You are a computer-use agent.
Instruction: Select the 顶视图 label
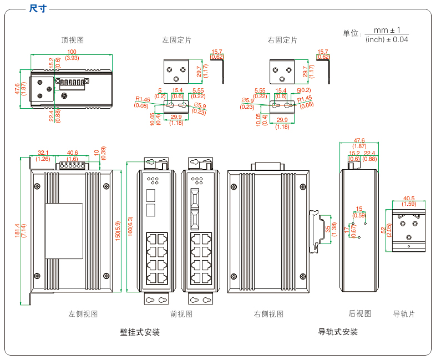click(x=73, y=40)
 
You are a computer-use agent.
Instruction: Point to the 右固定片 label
click(x=282, y=40)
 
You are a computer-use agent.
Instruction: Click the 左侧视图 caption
click(x=83, y=314)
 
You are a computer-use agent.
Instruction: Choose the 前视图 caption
click(x=181, y=314)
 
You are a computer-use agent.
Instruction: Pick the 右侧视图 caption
click(x=268, y=314)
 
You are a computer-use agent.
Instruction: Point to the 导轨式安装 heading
click(x=338, y=332)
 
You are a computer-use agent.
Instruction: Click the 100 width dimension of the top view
click(x=72, y=52)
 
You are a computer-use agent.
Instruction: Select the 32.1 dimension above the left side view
click(x=43, y=153)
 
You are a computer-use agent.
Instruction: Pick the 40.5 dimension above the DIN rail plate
click(x=409, y=198)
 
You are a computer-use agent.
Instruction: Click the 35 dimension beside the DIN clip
click(x=328, y=229)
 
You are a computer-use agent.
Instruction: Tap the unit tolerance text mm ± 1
click(x=387, y=30)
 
